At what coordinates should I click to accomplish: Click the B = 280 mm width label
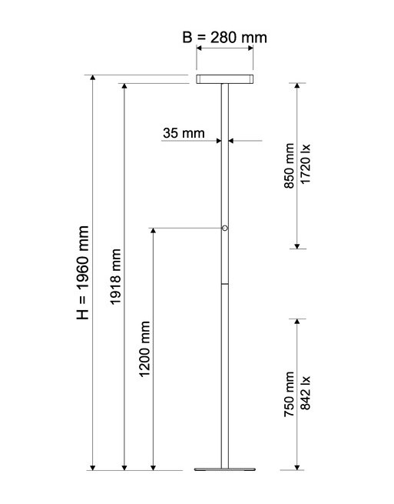coord(224,37)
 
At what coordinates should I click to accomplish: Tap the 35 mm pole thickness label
coord(184,133)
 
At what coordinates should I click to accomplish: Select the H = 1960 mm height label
coord(82,272)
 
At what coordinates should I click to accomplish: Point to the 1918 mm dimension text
coord(115,276)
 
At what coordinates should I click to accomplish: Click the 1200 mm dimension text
coord(144,349)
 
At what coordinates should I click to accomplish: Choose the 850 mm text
coord(289,166)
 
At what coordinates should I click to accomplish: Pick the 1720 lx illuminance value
coord(305,164)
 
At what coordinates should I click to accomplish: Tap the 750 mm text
coord(289,394)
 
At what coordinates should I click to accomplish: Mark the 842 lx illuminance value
coord(305,392)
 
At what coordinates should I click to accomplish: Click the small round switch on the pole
coord(225,229)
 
